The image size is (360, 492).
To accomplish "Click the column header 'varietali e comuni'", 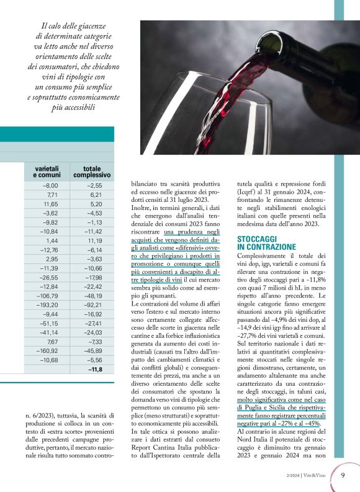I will [x=46, y=172].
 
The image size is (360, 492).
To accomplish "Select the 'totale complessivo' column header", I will [x=92, y=172].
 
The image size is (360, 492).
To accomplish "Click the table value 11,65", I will [x=50, y=203].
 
